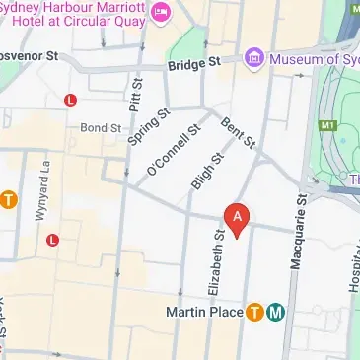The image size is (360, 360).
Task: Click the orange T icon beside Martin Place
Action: coord(254,313)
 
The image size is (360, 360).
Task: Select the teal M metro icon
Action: coord(276,313)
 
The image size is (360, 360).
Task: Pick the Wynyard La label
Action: coord(44,180)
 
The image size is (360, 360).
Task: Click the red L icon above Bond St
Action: coord(69,100)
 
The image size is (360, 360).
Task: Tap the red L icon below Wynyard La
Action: coord(52,239)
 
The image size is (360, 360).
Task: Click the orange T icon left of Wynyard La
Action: coord(7,201)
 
